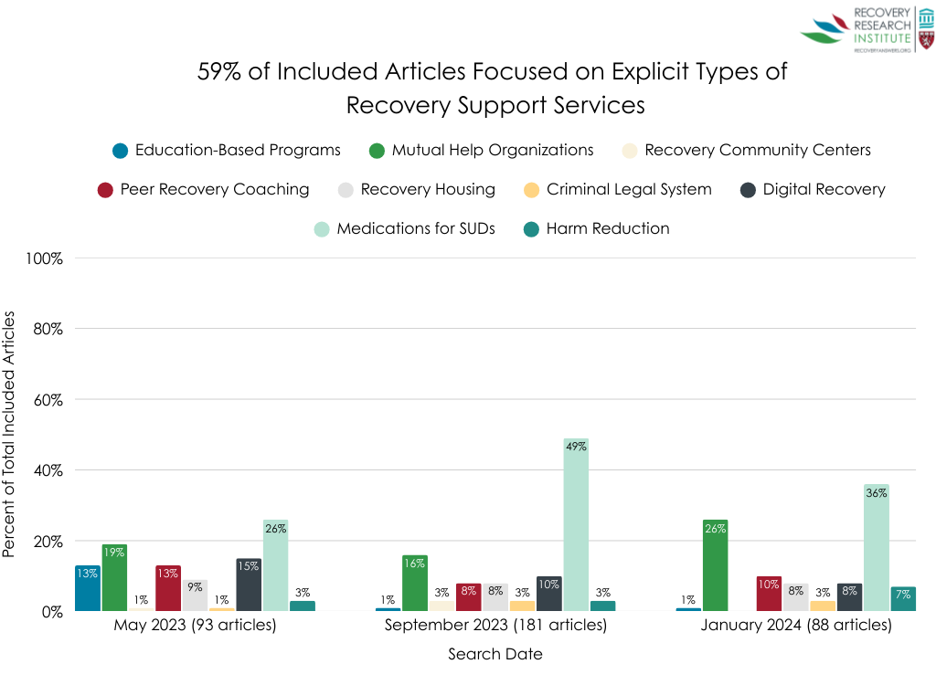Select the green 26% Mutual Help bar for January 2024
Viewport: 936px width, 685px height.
715,565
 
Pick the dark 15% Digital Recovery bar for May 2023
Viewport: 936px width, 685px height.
249,585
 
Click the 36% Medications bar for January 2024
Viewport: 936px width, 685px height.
876,548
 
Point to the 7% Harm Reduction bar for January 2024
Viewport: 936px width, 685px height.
903,599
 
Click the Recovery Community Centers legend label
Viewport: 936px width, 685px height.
758,150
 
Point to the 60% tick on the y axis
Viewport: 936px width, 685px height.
45,399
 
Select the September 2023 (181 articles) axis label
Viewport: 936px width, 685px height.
495,626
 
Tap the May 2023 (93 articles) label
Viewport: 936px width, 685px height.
195,626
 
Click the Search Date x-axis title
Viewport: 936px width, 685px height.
495,654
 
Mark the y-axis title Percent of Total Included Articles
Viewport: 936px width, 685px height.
10,434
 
